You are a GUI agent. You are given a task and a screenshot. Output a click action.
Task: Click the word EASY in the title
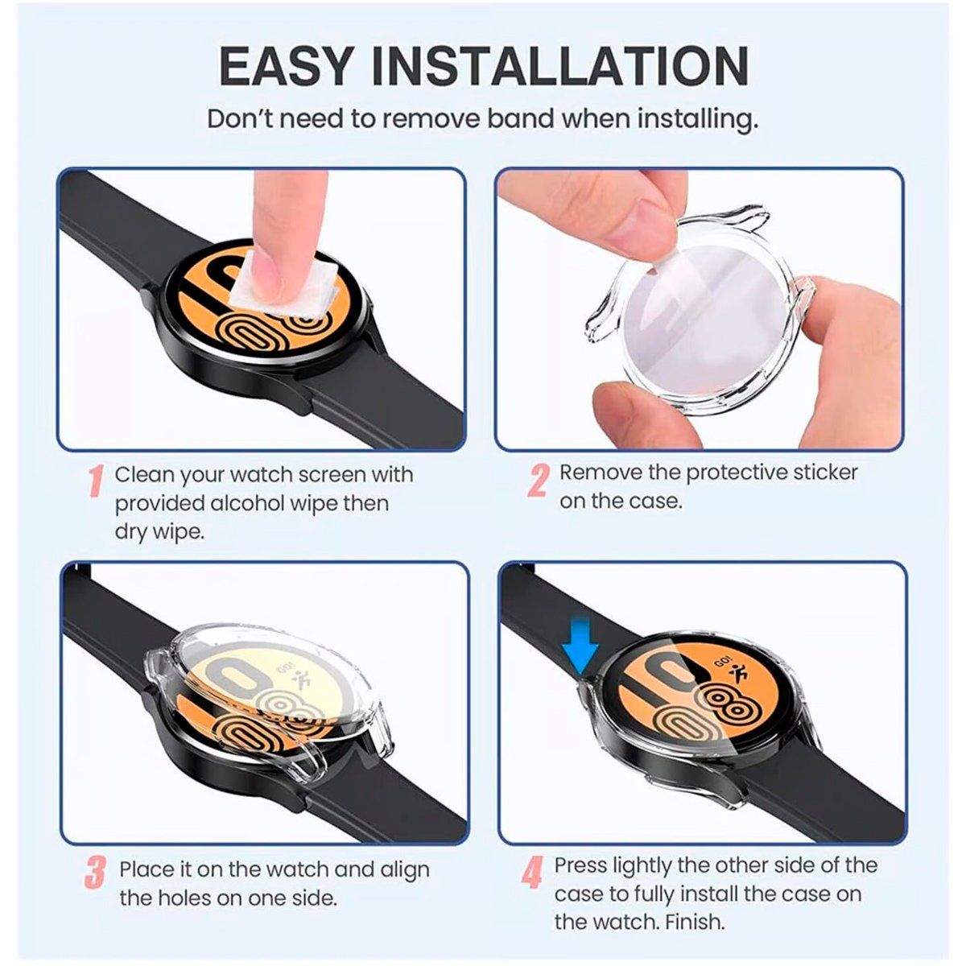coord(281,66)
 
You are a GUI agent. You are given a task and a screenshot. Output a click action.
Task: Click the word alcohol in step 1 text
coord(250,504)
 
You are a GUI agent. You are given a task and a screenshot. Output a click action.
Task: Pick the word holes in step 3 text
coord(186,898)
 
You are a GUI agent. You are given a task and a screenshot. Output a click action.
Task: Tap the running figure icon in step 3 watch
coord(305,679)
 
